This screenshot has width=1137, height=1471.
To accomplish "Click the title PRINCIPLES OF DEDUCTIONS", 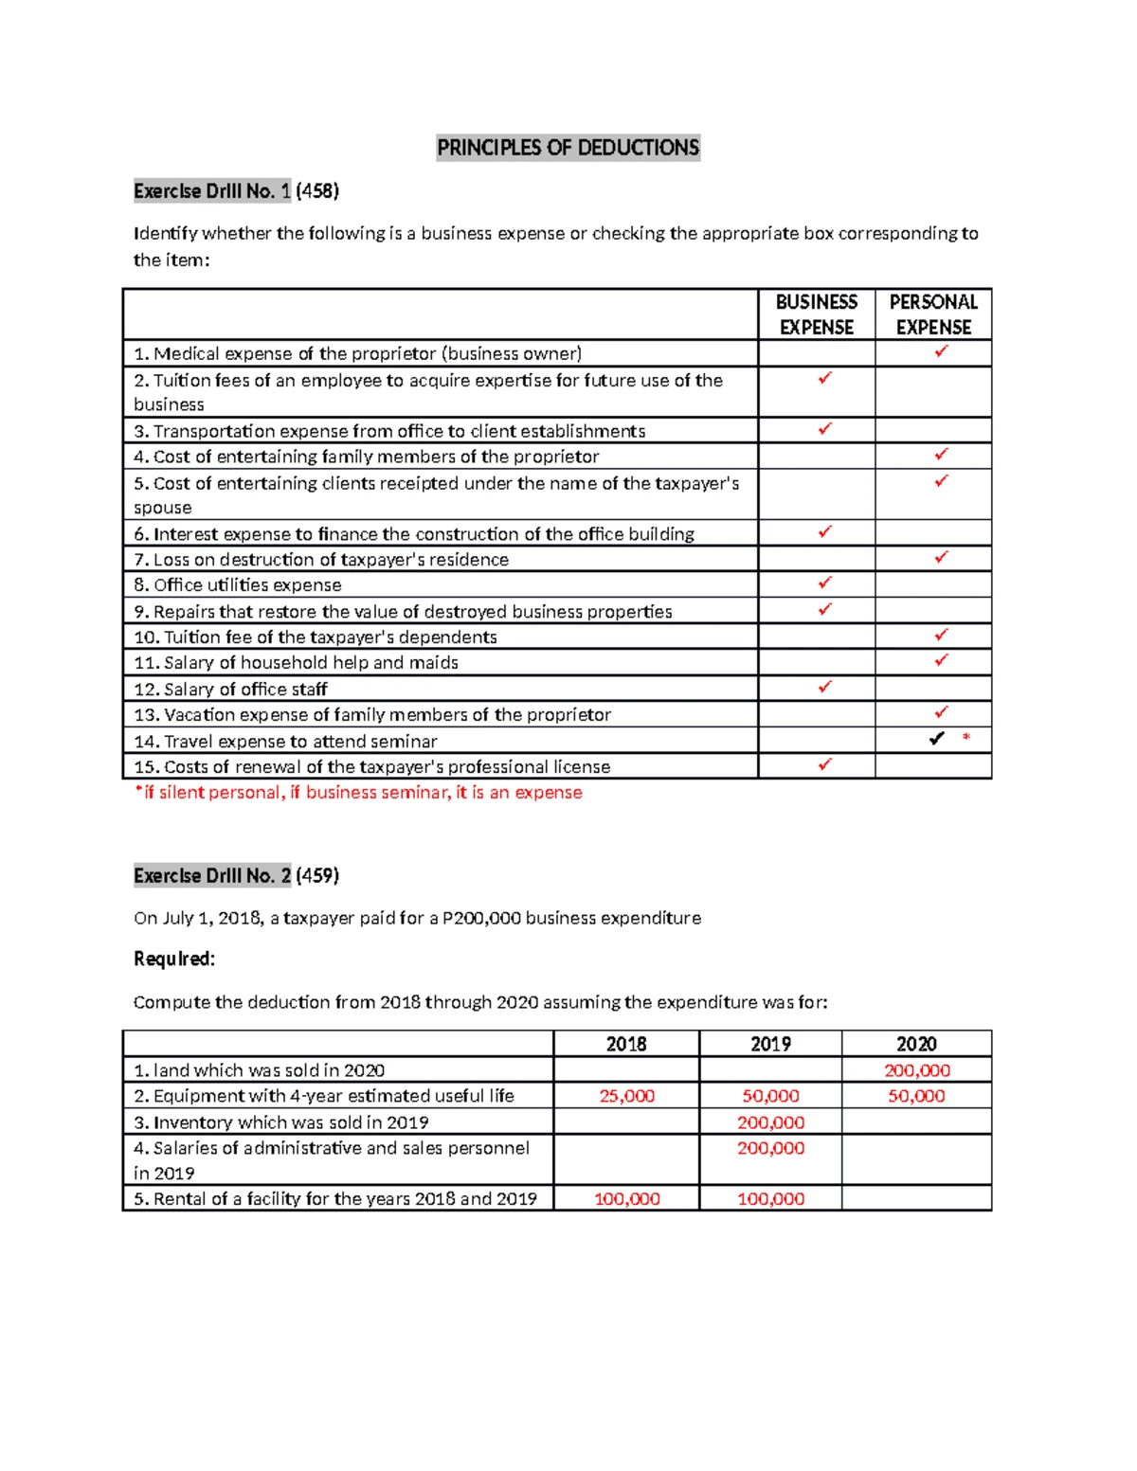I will click(568, 148).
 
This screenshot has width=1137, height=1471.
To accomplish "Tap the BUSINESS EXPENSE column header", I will click(816, 314).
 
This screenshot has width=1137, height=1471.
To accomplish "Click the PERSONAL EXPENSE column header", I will click(932, 314).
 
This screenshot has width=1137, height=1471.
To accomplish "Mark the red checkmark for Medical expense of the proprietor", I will click(941, 351).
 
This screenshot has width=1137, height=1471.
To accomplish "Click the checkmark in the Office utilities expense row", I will click(824, 583).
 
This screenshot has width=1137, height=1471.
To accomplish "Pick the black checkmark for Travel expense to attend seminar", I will click(936, 739).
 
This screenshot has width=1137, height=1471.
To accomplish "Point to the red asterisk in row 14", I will click(966, 738).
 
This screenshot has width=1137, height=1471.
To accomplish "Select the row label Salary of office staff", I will click(230, 690).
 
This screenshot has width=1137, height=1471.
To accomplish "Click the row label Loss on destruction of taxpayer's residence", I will click(321, 560).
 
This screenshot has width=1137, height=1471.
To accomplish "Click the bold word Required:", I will click(174, 960).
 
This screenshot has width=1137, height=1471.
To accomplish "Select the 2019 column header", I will click(770, 1044).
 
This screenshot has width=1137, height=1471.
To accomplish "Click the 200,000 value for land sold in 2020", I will click(916, 1070).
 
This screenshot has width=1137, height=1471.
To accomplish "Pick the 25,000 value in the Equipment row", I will click(626, 1096).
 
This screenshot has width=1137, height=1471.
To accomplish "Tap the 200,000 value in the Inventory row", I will click(770, 1122).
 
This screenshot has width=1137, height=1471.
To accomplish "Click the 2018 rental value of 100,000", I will click(626, 1199).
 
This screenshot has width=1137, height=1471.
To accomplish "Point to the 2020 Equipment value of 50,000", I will click(916, 1096).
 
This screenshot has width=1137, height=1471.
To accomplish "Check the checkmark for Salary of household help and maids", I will click(941, 660).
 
